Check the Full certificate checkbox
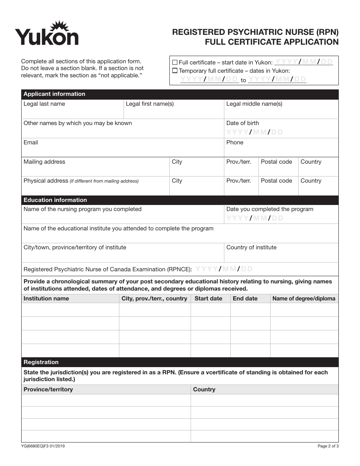[175, 62]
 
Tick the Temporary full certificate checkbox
[175, 70]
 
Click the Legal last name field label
[44, 104]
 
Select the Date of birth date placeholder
[254, 132]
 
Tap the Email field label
[31, 142]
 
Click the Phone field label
[235, 142]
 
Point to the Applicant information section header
[55, 94]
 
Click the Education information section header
[55, 200]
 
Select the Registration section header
[41, 362]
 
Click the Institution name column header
[46, 299]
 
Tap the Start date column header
[208, 299]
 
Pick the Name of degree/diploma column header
[304, 299]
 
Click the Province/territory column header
[48, 389]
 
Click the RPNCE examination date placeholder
[224, 269]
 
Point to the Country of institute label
[251, 247]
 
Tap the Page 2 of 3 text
[328, 446]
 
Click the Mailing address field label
[44, 162]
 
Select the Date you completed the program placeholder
[254, 218]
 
